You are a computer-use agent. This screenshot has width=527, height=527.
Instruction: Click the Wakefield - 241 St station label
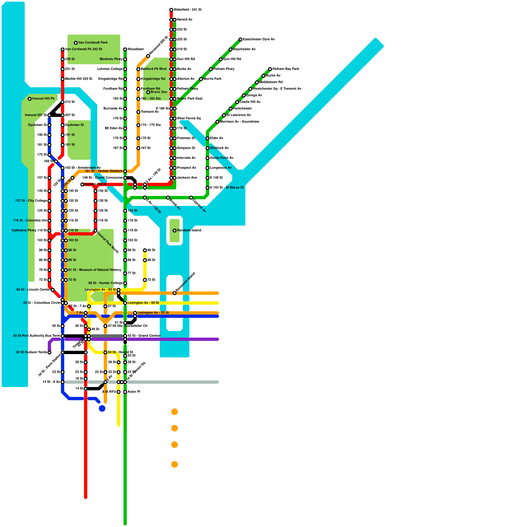(x=187, y=10)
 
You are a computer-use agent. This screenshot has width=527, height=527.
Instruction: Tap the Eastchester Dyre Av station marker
(x=240, y=40)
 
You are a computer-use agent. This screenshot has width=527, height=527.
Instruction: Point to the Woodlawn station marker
(x=125, y=49)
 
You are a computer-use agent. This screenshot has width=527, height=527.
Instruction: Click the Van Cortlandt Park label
(x=93, y=43)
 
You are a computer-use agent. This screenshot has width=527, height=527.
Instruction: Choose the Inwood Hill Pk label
(x=43, y=99)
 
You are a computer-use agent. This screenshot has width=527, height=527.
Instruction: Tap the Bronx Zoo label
(x=159, y=92)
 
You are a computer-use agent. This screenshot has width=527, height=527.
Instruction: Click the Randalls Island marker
(x=175, y=231)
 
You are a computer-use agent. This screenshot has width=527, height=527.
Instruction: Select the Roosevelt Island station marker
(x=175, y=293)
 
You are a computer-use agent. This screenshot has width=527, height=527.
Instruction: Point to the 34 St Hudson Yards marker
(x=49, y=352)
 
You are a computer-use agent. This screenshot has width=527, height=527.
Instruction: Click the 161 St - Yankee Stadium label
(x=104, y=171)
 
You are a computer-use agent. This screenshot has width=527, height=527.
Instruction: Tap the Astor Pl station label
(x=134, y=392)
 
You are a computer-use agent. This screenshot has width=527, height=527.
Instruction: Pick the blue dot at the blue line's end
(x=102, y=408)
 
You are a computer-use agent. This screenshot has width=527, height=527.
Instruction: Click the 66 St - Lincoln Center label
(x=33, y=290)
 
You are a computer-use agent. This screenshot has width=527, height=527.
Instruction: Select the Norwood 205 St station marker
(x=148, y=56)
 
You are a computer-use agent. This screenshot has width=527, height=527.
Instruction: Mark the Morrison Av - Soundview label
(x=239, y=122)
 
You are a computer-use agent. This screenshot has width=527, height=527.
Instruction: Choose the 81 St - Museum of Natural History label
(x=95, y=270)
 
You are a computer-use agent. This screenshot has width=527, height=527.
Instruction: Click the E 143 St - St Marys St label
(x=227, y=188)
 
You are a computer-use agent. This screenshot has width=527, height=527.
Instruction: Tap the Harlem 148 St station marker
(x=82, y=184)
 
